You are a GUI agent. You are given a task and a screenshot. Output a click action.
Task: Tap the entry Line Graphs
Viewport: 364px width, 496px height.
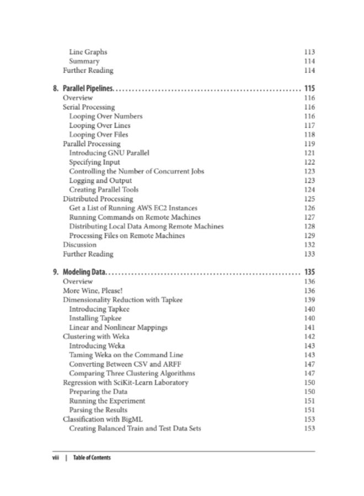point(88,52)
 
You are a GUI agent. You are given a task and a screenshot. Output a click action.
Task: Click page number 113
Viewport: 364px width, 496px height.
point(309,52)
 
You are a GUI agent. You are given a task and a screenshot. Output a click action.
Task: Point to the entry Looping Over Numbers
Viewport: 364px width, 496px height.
point(106,116)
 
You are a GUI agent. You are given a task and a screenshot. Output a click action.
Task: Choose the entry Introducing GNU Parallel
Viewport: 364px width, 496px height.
point(109,153)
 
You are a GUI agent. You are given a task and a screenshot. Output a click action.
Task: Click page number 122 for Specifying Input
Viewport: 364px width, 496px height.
point(309,162)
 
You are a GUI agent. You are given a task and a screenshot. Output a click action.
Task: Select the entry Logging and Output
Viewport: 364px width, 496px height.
point(100,180)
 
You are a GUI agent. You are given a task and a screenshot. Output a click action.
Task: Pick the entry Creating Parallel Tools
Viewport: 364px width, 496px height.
point(104,190)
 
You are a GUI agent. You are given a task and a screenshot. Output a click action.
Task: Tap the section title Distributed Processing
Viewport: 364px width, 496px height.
point(98,199)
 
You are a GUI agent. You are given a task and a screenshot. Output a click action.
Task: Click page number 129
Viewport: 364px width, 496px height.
point(309,235)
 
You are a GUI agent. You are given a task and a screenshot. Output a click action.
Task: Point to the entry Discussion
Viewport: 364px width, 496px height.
point(79,245)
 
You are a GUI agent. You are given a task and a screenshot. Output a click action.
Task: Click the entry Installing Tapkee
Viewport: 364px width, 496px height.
point(95,318)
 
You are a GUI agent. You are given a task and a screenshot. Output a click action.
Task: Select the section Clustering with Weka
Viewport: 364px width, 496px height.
point(94,337)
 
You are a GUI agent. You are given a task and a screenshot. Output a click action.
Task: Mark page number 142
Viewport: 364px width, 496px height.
point(309,337)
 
